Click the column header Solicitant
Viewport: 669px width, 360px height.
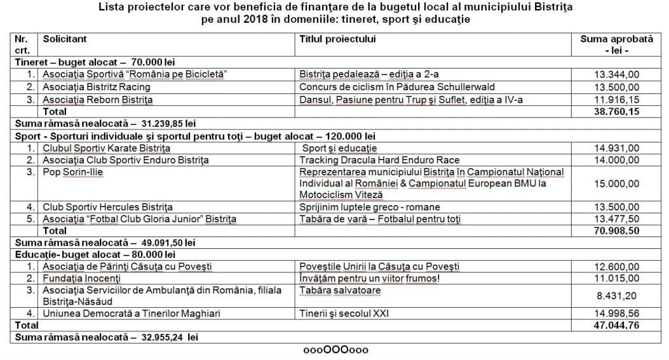[x=64, y=40]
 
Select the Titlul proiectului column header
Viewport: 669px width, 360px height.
[x=337, y=40]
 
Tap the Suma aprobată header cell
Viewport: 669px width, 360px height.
[x=616, y=44]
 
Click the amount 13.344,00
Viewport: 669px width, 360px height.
[x=616, y=74]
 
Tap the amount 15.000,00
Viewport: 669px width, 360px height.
[x=616, y=185]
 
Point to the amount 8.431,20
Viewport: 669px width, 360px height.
[x=616, y=296]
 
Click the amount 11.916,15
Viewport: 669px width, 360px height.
[x=616, y=99]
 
